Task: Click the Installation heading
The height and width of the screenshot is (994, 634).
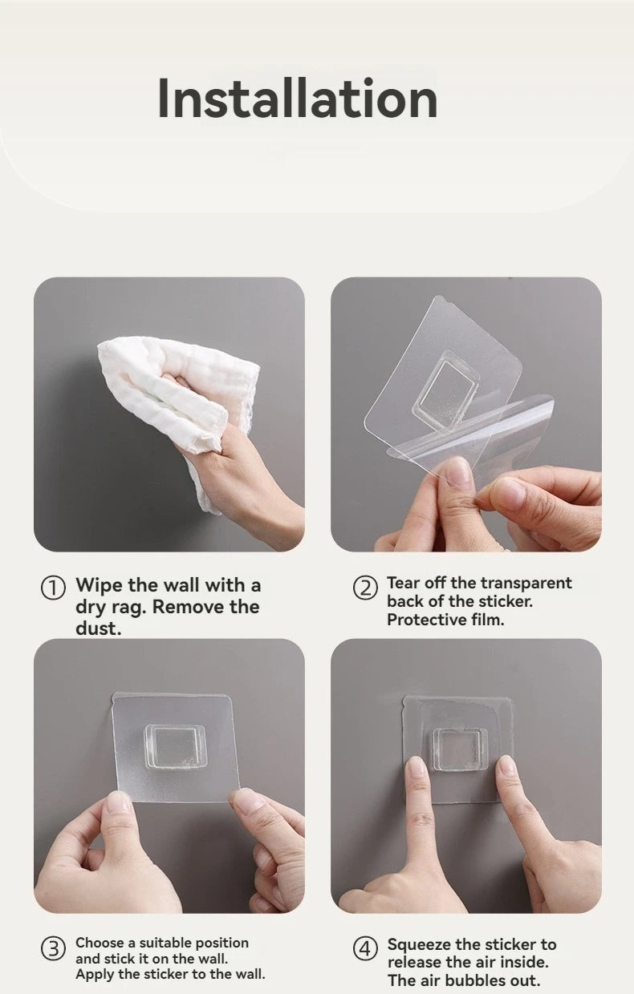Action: (297, 99)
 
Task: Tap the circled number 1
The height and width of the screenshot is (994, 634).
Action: (52, 588)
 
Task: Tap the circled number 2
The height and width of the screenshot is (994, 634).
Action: (365, 588)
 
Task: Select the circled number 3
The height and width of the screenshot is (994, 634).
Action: (52, 949)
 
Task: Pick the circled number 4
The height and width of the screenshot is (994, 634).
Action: (365, 949)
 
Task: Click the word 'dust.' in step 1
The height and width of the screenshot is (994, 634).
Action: (98, 628)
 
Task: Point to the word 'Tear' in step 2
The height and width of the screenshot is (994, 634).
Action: (403, 583)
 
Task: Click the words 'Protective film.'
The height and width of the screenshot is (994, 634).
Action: (445, 620)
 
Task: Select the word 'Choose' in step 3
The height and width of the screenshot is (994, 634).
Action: (100, 943)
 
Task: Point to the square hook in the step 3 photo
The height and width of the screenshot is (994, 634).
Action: (175, 745)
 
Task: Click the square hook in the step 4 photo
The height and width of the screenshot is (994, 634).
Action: (460, 749)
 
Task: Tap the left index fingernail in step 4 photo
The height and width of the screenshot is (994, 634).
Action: (417, 768)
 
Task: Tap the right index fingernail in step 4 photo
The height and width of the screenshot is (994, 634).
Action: (507, 766)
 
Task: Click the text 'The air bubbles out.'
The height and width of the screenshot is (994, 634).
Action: (464, 980)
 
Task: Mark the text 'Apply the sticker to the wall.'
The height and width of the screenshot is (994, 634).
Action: (170, 974)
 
